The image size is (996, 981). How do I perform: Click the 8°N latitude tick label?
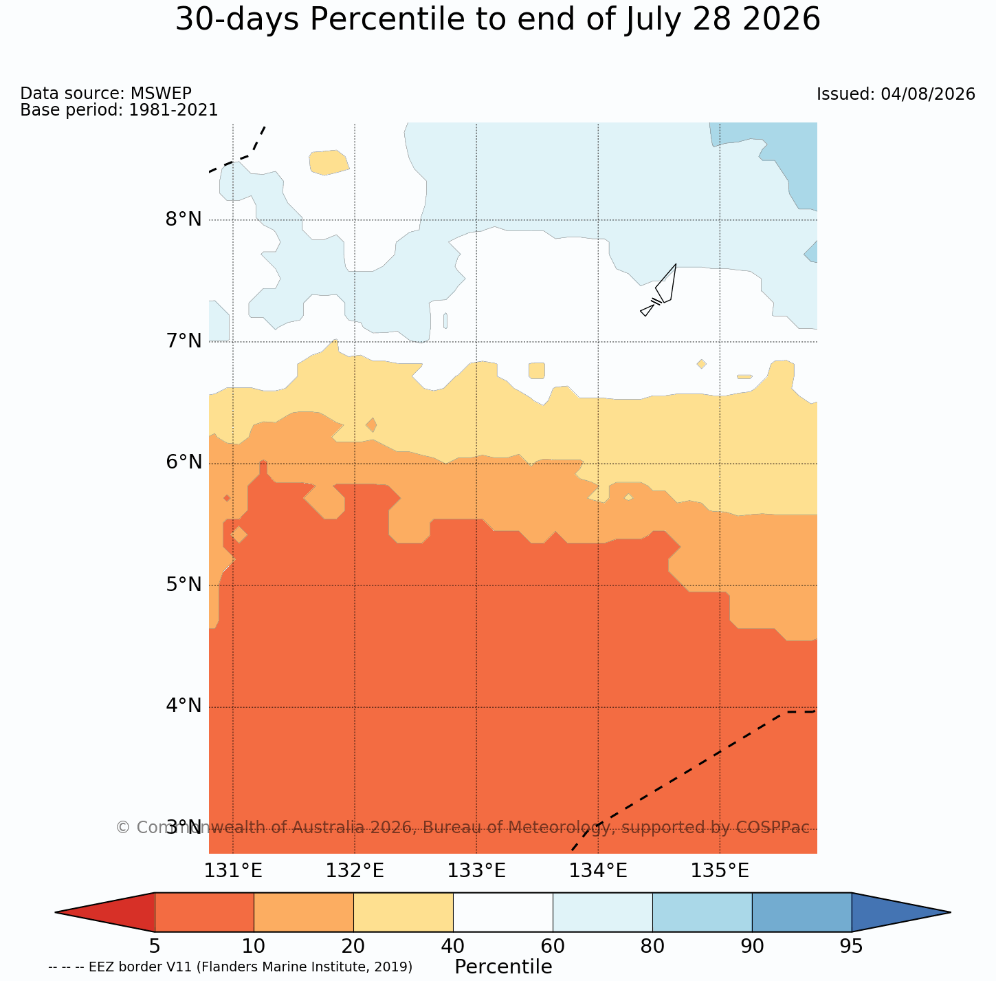coord(184,219)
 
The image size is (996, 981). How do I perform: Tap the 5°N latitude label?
coord(184,585)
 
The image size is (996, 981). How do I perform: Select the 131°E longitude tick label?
coord(233,871)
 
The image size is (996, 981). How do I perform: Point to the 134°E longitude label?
coord(598,871)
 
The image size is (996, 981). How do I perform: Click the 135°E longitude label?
coord(720,871)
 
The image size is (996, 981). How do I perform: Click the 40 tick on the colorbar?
coord(453,946)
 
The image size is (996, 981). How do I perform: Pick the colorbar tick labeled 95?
coord(851,946)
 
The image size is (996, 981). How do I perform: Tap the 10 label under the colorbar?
coord(254,946)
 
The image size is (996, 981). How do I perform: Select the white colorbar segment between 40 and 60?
coord(503,912)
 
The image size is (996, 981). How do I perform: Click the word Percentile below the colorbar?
coord(503,967)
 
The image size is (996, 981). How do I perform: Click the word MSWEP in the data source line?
coord(161,93)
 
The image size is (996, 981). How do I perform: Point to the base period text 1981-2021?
coord(173,109)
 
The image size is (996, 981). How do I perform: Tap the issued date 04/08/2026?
coord(928,94)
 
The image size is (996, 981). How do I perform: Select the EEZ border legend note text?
coord(230,967)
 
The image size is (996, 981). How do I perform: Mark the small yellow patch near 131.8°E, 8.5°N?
coord(329,162)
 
